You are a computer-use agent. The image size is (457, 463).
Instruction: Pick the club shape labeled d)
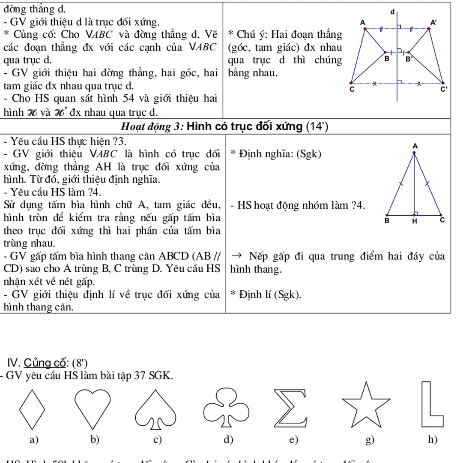coord(223,407)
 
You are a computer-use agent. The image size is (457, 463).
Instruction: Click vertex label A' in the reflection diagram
coord(433,22)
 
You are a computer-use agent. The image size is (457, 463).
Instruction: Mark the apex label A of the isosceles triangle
coord(414,147)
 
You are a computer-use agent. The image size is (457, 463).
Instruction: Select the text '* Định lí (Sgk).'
coord(266,295)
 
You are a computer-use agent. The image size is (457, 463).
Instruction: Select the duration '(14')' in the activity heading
coord(317,126)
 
